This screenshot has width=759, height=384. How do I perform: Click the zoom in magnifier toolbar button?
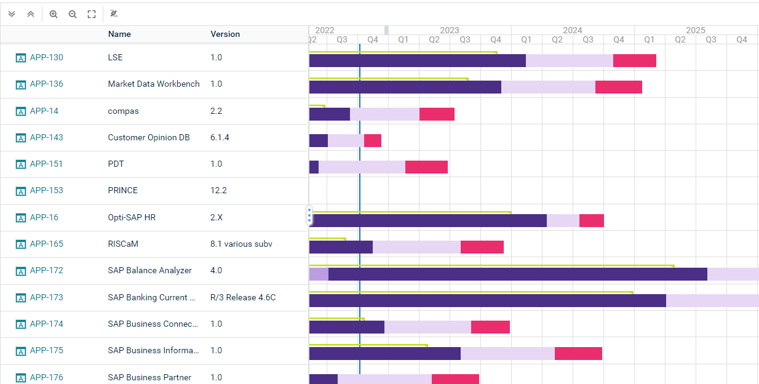coord(54,14)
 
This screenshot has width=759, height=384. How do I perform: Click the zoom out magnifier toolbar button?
coord(73,14)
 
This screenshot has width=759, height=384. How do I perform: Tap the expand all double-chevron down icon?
coord(12,14)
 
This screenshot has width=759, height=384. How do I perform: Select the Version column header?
coord(225,34)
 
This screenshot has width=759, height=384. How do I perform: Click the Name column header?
coord(119,34)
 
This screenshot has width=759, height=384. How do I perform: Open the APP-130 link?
coord(46,58)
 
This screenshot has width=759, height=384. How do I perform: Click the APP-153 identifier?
coord(46,191)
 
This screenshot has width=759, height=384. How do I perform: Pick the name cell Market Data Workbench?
coord(153,84)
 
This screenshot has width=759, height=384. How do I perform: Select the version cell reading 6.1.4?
coord(220,138)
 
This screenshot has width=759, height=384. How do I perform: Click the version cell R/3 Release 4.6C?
coord(242,298)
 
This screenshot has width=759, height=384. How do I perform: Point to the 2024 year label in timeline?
coord(572,30)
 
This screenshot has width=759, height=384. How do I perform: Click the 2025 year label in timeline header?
coord(695,30)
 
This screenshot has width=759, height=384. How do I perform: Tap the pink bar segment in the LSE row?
coord(634,60)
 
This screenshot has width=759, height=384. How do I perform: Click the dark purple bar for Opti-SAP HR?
coord(428,220)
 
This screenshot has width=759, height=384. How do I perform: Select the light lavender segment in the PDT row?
coord(362,167)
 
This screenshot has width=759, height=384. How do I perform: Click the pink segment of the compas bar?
coord(437,114)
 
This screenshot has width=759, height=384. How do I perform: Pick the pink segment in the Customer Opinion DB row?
coord(372,140)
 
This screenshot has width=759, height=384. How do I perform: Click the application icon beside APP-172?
coord(21,271)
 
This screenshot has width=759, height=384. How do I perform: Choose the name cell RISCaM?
coord(123,244)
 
